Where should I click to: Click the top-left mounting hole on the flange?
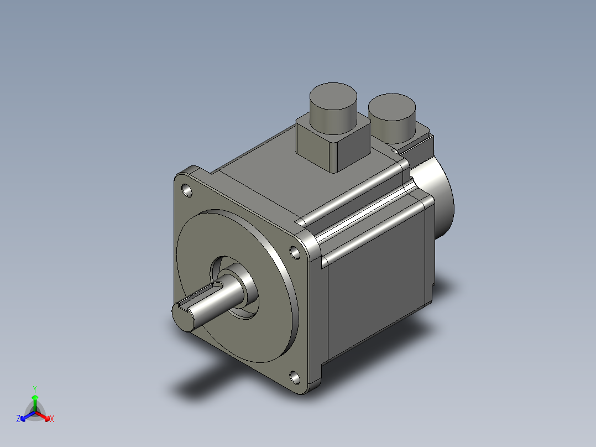click(188, 191)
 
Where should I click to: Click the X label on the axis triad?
click(52, 419)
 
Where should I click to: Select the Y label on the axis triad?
click(34, 388)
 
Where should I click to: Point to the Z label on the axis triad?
click(18, 419)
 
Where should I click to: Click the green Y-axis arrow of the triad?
click(35, 401)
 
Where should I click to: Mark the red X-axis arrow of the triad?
click(44, 415)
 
